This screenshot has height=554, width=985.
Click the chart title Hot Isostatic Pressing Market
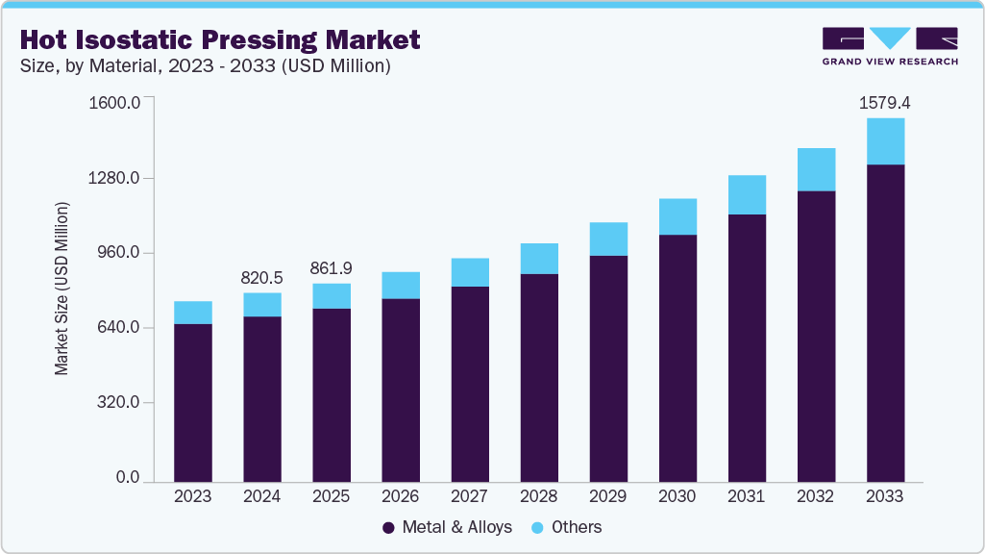(219, 39)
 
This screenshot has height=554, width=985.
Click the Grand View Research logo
(889, 45)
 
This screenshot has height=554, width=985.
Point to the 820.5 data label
(261, 277)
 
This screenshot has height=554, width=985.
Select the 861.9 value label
(331, 267)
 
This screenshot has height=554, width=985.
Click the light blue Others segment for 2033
(884, 141)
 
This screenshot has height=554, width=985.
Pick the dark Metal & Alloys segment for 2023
(192, 402)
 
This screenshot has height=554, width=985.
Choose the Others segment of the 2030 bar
(677, 216)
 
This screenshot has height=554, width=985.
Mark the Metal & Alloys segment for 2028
(539, 377)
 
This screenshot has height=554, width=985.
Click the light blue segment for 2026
(400, 285)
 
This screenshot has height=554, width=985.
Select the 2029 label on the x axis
(608, 497)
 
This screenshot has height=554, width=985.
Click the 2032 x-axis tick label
(816, 497)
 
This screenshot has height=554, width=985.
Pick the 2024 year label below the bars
(261, 497)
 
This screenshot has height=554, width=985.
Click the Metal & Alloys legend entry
(448, 527)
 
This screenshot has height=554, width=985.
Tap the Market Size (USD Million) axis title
(62, 289)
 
